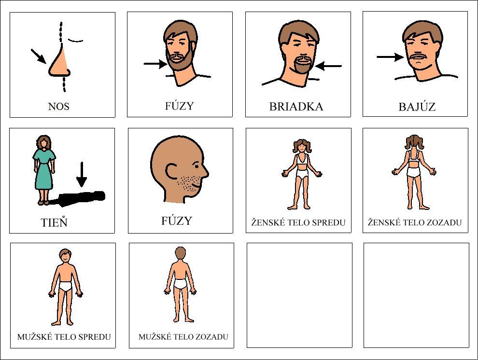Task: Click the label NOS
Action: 58,106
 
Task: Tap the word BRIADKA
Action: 296,107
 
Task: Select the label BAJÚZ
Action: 417,107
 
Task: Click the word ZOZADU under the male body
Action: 211,337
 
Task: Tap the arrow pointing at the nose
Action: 39,56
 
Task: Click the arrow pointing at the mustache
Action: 391,57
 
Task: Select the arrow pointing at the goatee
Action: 328,66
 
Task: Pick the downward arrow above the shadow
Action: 82,174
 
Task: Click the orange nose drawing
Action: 59,62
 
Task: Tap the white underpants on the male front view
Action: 65,287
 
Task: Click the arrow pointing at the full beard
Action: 155,64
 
